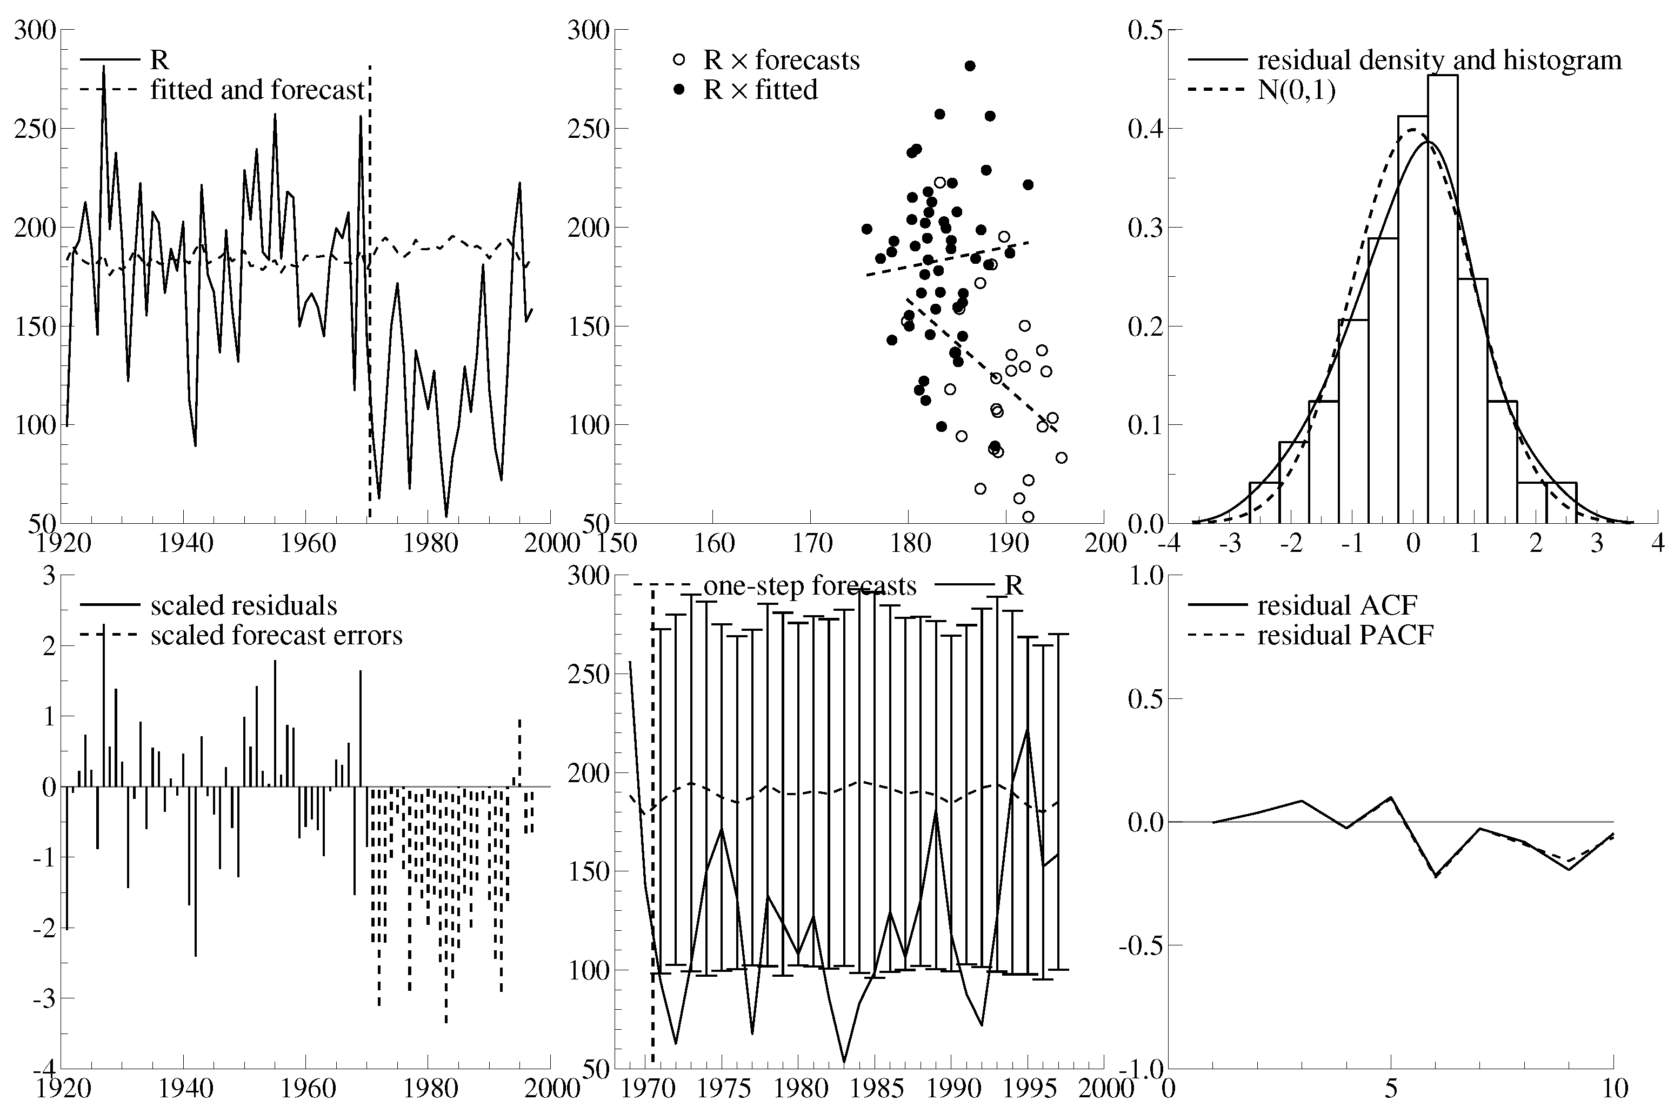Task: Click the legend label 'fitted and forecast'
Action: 257,90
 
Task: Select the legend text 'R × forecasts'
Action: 781,60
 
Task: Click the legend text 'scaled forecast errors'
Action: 276,635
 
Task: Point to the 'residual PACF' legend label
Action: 1345,635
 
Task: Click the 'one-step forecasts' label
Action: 809,586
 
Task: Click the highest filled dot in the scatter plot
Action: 970,66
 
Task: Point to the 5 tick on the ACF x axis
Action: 1390,1089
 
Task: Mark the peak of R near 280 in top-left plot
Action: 104,67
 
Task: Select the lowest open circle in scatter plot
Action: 1029,516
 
